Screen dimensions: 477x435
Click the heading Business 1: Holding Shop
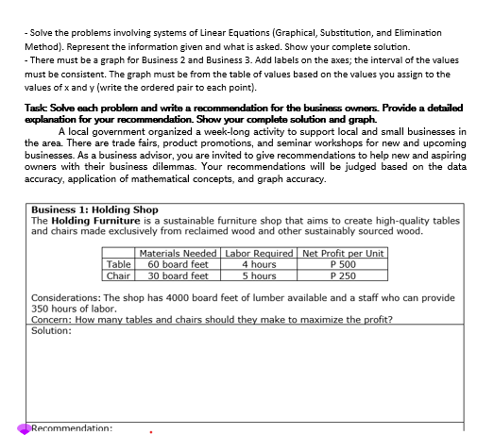(94, 209)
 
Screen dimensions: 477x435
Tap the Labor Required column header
(258, 254)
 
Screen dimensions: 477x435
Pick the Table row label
(119, 265)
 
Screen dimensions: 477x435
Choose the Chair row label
(119, 276)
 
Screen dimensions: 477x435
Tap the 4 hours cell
(258, 265)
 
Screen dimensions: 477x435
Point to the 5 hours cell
(258, 276)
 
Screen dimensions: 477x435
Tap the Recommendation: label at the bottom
(72, 428)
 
